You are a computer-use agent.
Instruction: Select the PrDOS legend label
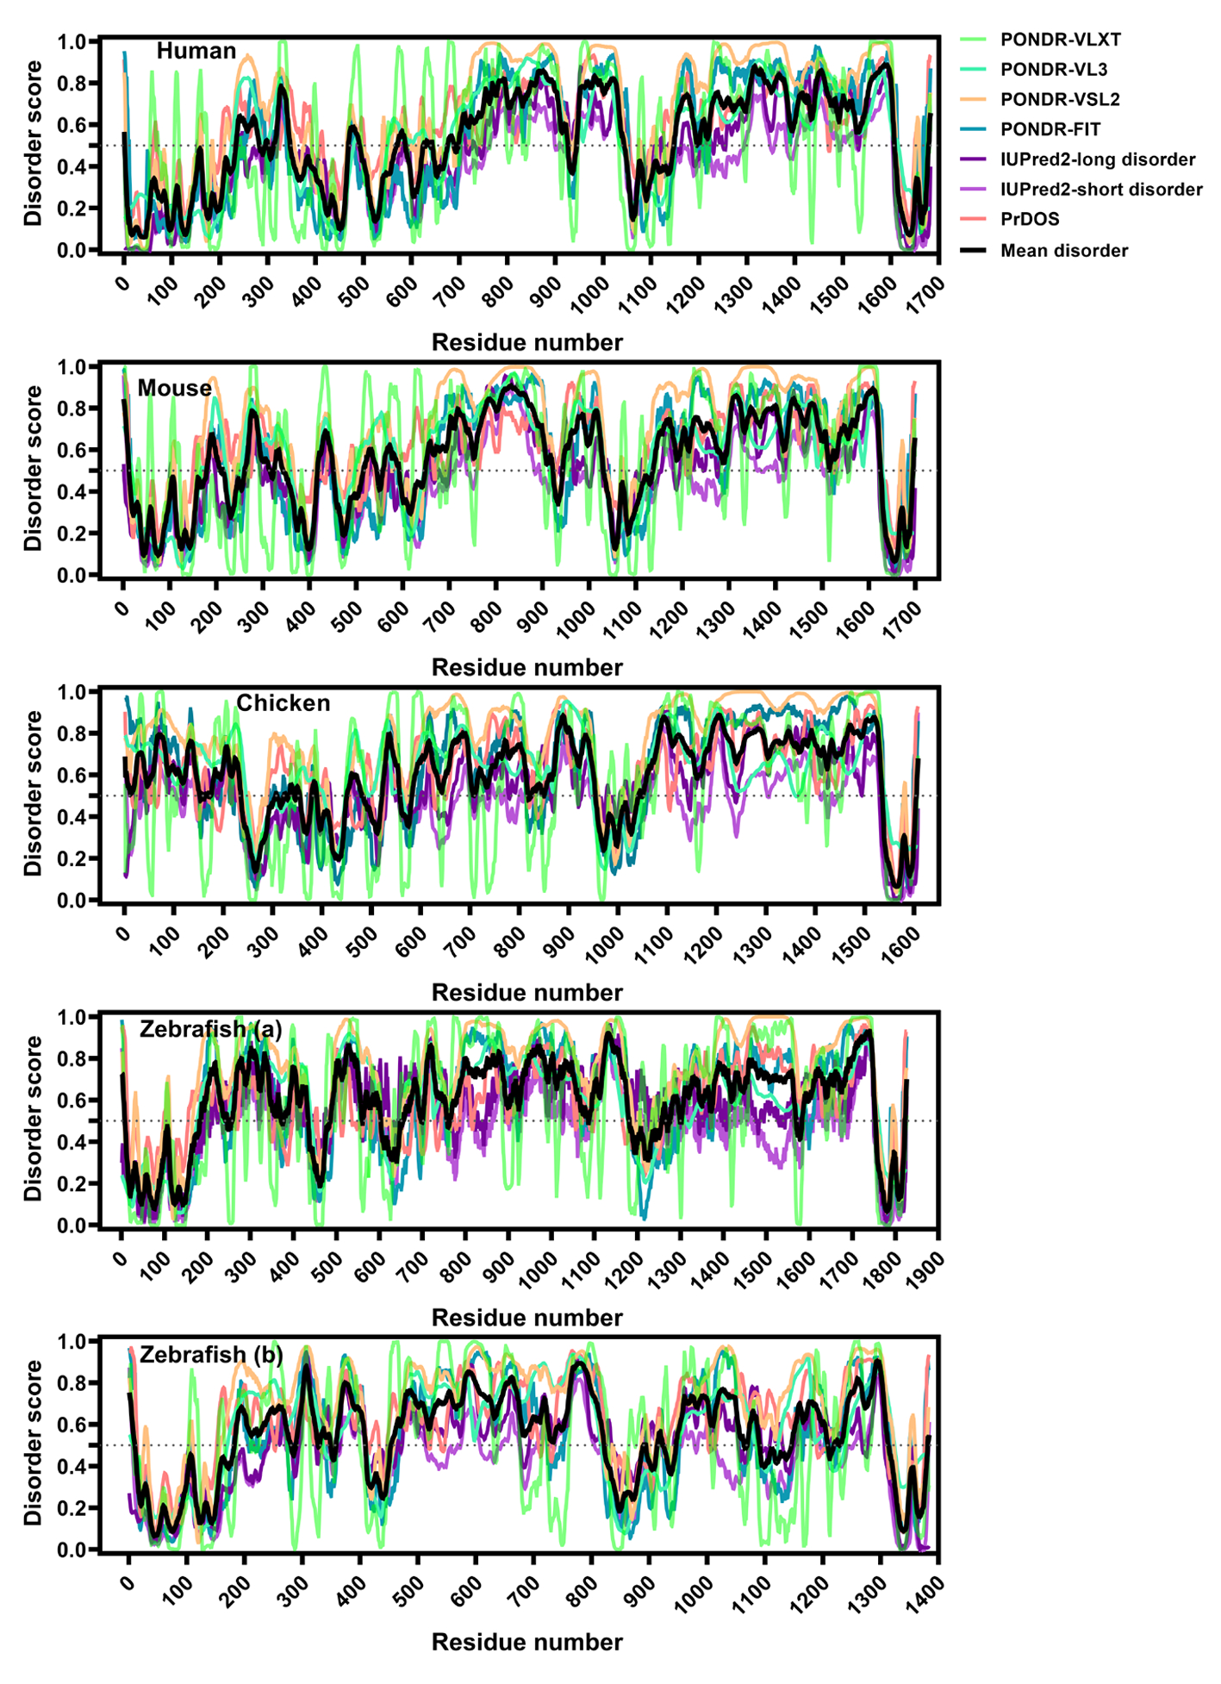click(x=1030, y=219)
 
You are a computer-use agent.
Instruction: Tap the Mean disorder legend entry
click(x=1063, y=251)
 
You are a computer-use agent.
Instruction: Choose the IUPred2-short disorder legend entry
click(x=1101, y=190)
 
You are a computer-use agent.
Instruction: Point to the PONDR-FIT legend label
click(x=1050, y=129)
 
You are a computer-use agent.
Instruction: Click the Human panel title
click(x=196, y=51)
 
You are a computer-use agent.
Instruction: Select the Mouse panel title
click(x=175, y=388)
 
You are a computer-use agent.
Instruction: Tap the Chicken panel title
click(x=283, y=703)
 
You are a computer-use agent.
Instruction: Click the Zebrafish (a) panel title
click(x=211, y=1029)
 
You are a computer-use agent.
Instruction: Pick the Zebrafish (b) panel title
click(x=211, y=1354)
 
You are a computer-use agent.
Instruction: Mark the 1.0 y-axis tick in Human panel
click(x=72, y=41)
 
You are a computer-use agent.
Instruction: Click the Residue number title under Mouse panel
click(x=526, y=667)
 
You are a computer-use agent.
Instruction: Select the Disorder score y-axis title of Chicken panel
click(x=33, y=793)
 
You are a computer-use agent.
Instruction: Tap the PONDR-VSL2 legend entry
click(x=1060, y=99)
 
